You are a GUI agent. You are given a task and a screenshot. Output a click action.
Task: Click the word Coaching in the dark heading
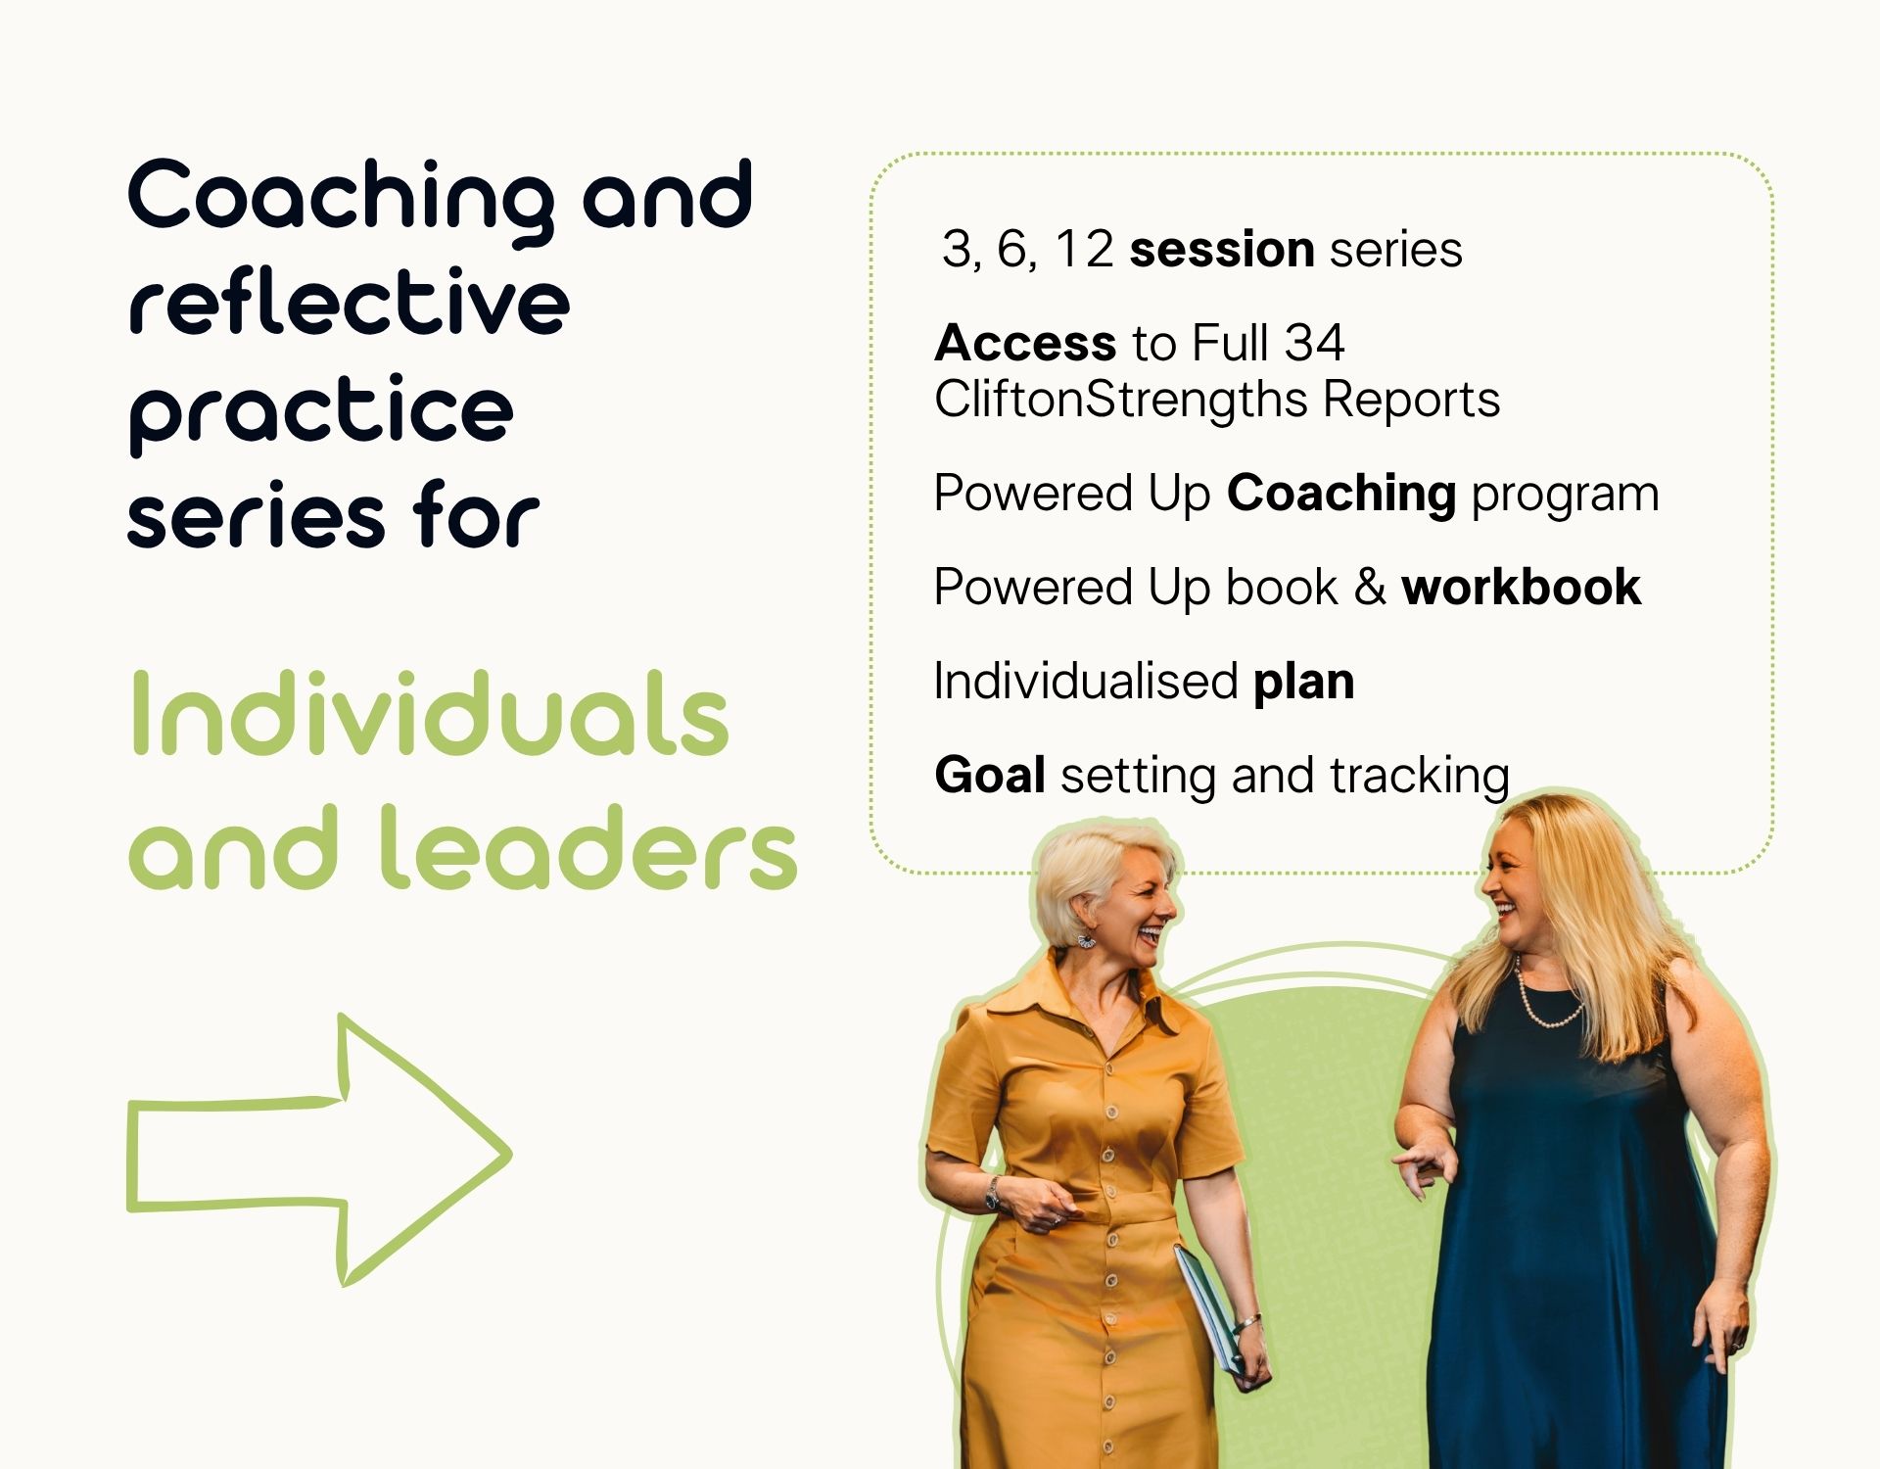tap(341, 200)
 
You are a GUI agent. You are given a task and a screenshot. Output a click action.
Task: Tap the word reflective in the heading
tap(350, 303)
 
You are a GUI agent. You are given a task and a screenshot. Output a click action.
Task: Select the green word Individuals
tap(429, 714)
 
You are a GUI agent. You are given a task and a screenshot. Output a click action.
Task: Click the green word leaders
tap(588, 847)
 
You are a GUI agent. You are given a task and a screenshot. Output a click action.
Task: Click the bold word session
tap(1221, 249)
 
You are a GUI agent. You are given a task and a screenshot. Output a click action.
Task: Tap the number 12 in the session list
tap(1083, 249)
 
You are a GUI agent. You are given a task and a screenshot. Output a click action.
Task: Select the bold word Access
tap(1025, 343)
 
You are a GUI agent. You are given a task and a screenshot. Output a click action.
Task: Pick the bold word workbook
tap(1521, 588)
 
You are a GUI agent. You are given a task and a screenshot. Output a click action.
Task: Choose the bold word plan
tap(1303, 683)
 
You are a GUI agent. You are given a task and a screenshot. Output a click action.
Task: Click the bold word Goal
tap(990, 776)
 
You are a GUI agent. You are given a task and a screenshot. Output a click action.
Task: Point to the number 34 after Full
tap(1314, 343)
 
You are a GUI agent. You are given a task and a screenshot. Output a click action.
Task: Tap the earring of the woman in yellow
tap(1086, 939)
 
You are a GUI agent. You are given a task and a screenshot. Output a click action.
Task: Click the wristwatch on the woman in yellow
tap(993, 1193)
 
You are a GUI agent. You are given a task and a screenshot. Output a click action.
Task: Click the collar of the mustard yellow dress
tap(1077, 1004)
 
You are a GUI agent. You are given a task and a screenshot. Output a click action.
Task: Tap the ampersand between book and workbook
tap(1370, 588)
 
